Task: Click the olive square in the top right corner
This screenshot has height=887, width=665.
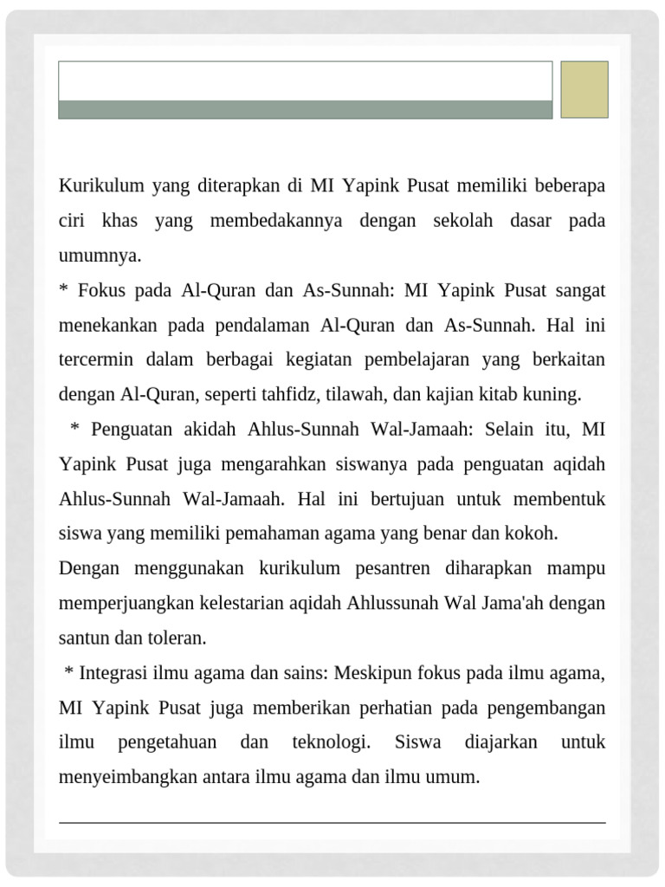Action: [584, 89]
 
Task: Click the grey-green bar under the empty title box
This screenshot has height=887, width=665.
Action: [305, 109]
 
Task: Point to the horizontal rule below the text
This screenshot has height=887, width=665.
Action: [332, 822]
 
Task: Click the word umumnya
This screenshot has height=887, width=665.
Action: [100, 256]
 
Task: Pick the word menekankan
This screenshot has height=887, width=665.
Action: [108, 325]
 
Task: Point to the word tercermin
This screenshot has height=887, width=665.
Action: [94, 359]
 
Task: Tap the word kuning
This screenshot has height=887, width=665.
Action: [556, 394]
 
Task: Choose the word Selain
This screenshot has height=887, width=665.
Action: [513, 429]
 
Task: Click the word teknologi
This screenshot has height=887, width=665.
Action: [332, 742]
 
